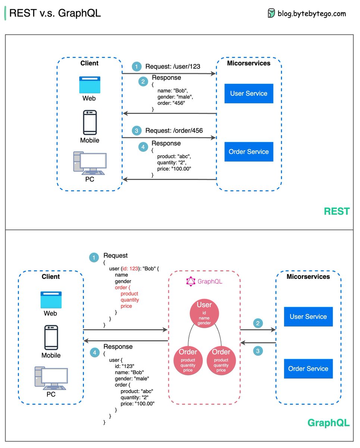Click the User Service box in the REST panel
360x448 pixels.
[248, 93]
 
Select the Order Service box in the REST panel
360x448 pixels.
[248, 152]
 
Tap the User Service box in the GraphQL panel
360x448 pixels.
[308, 317]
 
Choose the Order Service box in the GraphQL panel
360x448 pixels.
[308, 368]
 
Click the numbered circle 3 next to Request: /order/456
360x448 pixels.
[137, 131]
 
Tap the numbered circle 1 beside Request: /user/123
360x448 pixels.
[137, 67]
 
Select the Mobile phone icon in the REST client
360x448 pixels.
[90, 122]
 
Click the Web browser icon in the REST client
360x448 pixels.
[90, 85]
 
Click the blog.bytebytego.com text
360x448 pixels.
[312, 14]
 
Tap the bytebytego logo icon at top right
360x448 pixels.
[271, 13]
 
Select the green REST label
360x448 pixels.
[336, 211]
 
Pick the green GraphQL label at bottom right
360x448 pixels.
[328, 423]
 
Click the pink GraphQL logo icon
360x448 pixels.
[191, 281]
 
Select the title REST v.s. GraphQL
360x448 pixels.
[55, 13]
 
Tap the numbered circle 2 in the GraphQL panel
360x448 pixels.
[257, 323]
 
